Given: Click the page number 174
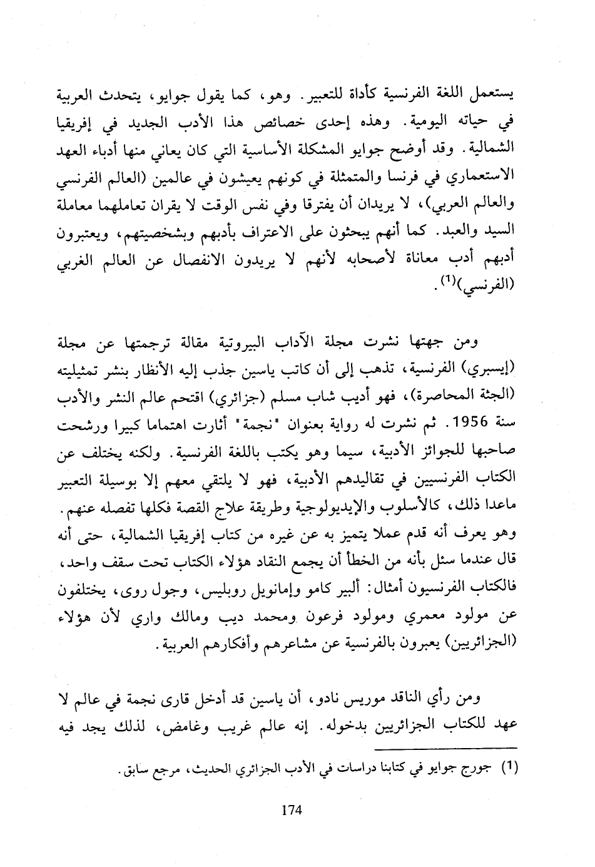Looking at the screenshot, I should [292, 810].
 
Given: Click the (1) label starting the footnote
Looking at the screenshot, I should [512, 769].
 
